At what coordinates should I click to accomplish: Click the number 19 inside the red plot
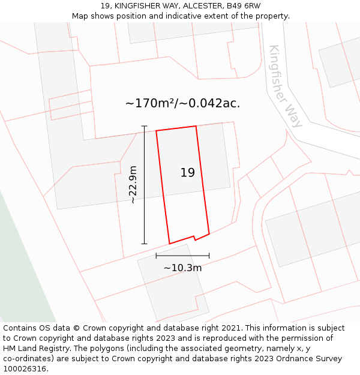tap(187, 173)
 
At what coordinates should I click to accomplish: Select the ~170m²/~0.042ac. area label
tap(182, 103)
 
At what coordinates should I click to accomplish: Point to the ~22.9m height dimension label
tap(133, 185)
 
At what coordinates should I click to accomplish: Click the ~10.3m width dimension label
tap(182, 268)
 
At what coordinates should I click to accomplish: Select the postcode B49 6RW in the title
tap(244, 6)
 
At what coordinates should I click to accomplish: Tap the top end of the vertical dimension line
tap(144, 126)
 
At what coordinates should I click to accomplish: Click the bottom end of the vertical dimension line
tap(144, 244)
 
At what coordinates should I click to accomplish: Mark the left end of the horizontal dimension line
tap(156, 256)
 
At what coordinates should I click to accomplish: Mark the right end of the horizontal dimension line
tap(209, 256)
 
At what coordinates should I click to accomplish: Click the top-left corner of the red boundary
tap(156, 131)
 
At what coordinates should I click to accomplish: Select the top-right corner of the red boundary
tap(196, 126)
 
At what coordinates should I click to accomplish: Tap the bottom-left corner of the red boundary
tap(169, 244)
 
